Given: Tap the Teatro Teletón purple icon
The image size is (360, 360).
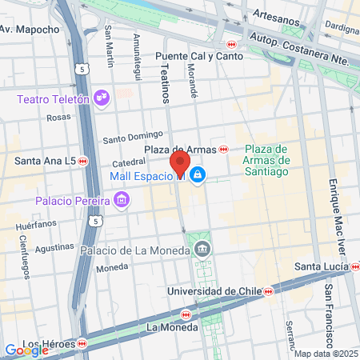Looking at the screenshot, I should [x=102, y=98].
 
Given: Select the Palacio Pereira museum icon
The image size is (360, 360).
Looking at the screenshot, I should [x=121, y=198].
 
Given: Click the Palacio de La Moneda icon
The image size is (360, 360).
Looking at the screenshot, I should [x=202, y=249].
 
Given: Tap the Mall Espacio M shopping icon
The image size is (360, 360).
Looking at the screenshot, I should [x=198, y=175].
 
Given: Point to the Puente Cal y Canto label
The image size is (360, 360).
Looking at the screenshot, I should [x=190, y=57].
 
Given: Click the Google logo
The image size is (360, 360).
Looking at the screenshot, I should [x=26, y=350].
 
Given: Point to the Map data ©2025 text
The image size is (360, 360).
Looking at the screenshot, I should [x=324, y=354].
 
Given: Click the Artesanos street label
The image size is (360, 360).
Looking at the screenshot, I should [x=285, y=14].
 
